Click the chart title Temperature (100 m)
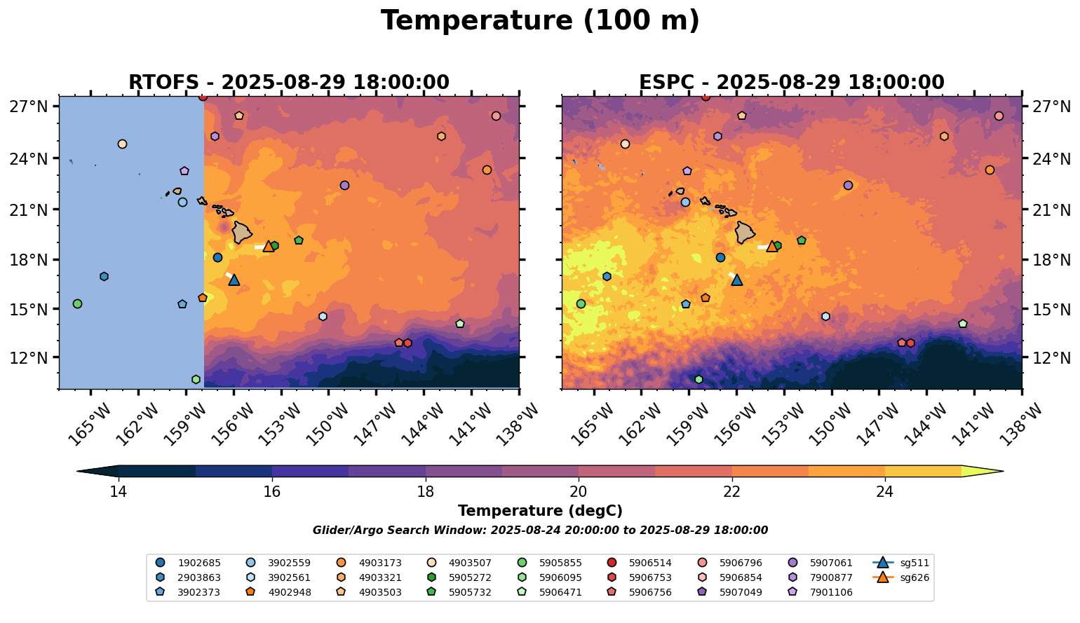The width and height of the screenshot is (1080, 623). click(x=540, y=21)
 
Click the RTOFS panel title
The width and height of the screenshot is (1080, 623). click(x=288, y=83)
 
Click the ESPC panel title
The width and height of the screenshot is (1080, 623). click(x=792, y=83)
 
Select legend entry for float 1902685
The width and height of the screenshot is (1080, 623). click(x=189, y=563)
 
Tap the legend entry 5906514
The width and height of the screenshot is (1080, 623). click(x=640, y=563)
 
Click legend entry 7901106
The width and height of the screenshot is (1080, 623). click(x=821, y=592)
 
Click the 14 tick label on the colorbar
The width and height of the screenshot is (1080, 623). click(x=118, y=492)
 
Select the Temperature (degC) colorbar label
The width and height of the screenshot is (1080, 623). click(x=540, y=511)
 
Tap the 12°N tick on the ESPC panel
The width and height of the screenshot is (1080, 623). click(x=1050, y=358)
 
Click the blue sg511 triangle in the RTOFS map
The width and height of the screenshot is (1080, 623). click(x=234, y=280)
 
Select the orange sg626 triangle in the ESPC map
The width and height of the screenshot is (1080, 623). click(x=772, y=247)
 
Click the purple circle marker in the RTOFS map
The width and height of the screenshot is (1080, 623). click(x=344, y=185)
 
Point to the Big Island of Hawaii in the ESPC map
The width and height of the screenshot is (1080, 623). click(x=745, y=232)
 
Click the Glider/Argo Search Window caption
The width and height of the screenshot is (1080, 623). click(x=540, y=530)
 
